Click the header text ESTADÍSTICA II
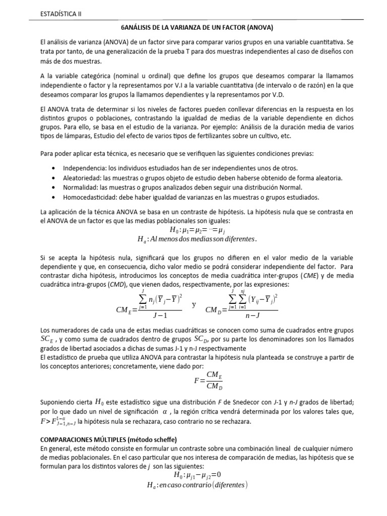[60, 14]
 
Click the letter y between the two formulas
[194, 305]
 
